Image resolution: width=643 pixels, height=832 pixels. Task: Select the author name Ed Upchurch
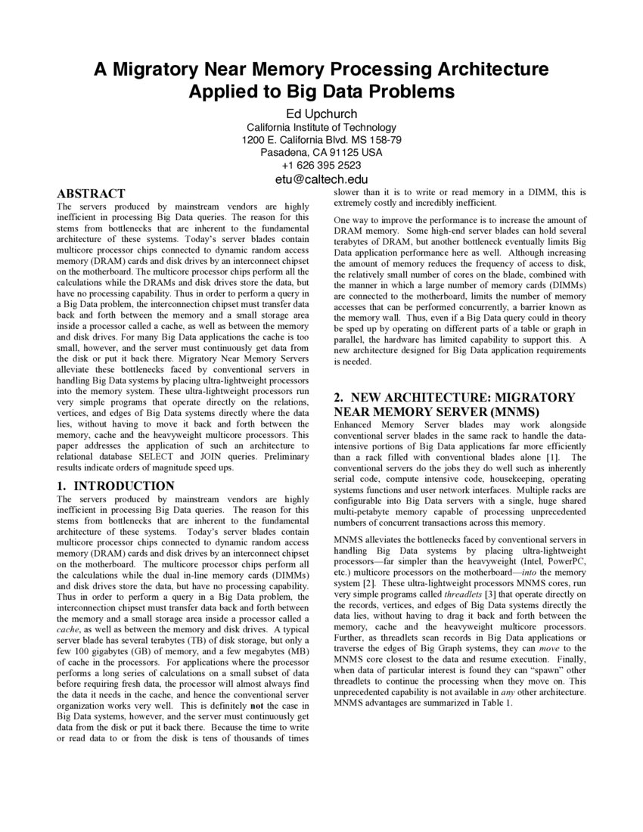click(321, 113)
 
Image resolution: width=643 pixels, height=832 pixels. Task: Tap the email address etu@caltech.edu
click(321, 179)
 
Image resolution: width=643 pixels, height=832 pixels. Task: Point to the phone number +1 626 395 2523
click(321, 166)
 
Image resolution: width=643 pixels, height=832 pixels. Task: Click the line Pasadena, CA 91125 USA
click(321, 153)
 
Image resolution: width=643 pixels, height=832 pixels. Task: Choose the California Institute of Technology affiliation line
click(321, 127)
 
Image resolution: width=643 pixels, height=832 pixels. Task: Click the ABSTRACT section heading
click(91, 194)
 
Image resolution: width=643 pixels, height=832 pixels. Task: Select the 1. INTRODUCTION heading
click(116, 486)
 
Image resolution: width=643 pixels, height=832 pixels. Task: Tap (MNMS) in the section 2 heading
click(511, 412)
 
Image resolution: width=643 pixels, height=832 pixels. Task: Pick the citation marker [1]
click(554, 457)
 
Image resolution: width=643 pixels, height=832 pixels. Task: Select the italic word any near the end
click(502, 692)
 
